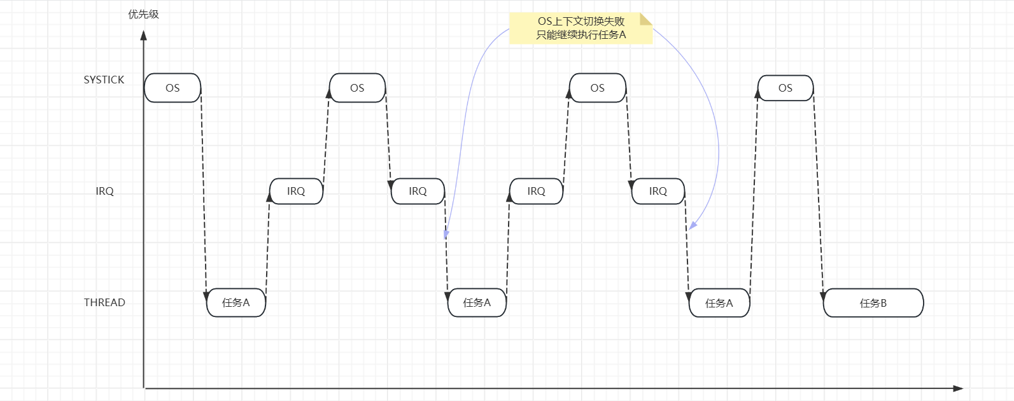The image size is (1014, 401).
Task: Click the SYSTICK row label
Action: tap(104, 80)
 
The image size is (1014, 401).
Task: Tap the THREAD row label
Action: tap(104, 302)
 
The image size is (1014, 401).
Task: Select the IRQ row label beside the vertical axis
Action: tap(104, 191)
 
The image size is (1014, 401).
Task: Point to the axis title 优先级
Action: tap(143, 14)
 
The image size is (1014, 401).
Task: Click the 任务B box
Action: tap(873, 303)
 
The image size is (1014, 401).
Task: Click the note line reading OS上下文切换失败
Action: tap(581, 21)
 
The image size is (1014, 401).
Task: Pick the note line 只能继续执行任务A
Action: tap(581, 34)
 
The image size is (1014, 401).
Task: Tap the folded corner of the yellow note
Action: tap(646, 18)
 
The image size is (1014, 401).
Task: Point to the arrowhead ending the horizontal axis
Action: tap(958, 388)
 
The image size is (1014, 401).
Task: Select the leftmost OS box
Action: tap(173, 88)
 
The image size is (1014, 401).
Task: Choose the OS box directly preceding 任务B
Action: tap(785, 88)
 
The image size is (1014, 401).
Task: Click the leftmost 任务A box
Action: tap(236, 302)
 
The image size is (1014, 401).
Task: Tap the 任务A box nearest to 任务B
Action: tap(719, 303)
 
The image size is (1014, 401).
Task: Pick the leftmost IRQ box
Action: tap(296, 191)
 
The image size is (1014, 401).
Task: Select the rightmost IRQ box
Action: tap(658, 191)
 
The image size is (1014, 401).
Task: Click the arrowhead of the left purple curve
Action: tap(446, 234)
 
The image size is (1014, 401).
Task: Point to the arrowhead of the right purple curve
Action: tap(693, 225)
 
